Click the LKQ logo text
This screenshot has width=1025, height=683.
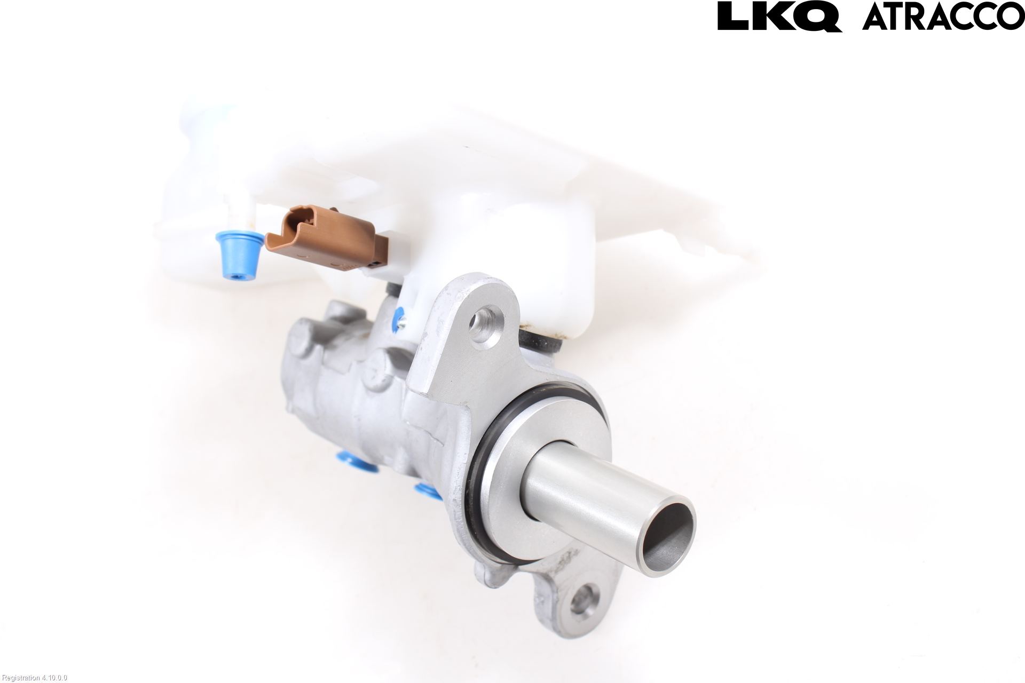click(779, 17)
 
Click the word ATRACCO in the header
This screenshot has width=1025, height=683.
click(943, 18)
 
